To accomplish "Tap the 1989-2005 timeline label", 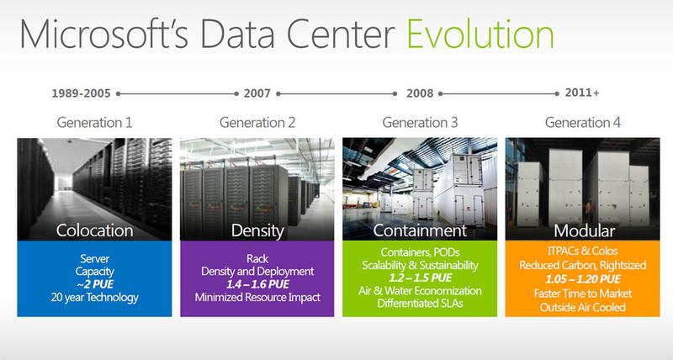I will tap(82, 93).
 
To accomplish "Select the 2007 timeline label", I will tap(257, 93).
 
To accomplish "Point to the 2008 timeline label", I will tap(420, 93).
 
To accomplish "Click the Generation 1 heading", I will tap(94, 123).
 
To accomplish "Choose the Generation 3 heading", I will tap(420, 123).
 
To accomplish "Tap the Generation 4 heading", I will tap(583, 123).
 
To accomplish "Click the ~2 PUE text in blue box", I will tap(94, 283).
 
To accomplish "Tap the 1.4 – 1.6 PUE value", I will tap(257, 284).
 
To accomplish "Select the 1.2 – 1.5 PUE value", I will tap(420, 278).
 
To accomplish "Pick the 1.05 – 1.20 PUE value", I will tap(583, 278).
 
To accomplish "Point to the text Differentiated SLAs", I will tap(420, 304).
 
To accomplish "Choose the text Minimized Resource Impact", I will tap(257, 298).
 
